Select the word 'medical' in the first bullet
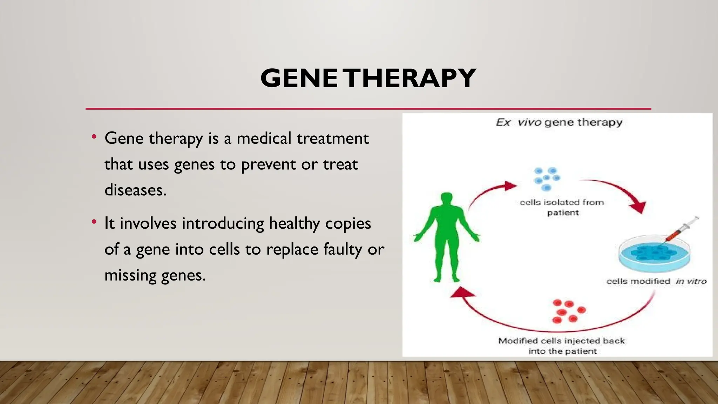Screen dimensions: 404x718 pos(264,138)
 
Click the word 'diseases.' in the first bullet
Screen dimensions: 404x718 pos(135,190)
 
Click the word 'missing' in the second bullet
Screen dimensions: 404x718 pos(130,275)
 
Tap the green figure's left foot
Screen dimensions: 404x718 pos(437,279)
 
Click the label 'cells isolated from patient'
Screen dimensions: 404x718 pos(562,207)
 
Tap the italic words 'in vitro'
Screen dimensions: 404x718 pos(691,281)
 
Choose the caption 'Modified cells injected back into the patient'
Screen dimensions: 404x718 pos(562,346)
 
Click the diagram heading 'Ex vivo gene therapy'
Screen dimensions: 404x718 pos(559,122)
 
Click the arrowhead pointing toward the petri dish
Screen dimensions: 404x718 pos(639,207)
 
